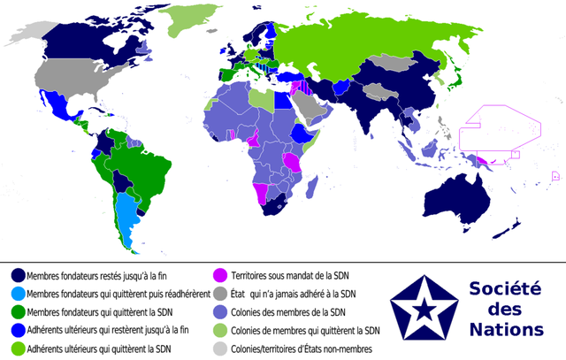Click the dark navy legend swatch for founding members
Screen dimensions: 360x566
(17, 276)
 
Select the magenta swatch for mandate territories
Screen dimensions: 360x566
(224, 276)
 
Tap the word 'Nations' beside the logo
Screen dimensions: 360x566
(507, 330)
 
